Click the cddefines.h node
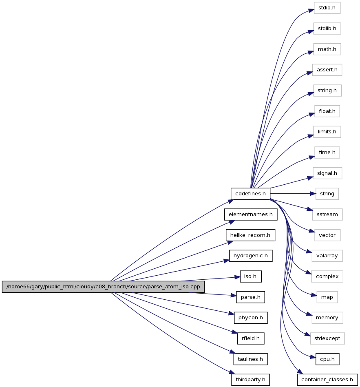250,194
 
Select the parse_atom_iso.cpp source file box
103,287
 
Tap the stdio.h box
327,8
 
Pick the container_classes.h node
327,380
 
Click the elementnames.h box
251,215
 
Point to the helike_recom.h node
250,235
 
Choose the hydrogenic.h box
251,256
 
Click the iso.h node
251,276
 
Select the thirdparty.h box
250,380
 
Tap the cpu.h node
327,359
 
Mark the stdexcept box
327,338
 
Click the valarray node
327,256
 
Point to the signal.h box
327,173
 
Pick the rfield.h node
251,338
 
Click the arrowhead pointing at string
313,194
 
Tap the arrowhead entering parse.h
234,295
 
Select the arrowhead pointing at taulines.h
233,352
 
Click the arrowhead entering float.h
311,115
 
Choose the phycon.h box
251,318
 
